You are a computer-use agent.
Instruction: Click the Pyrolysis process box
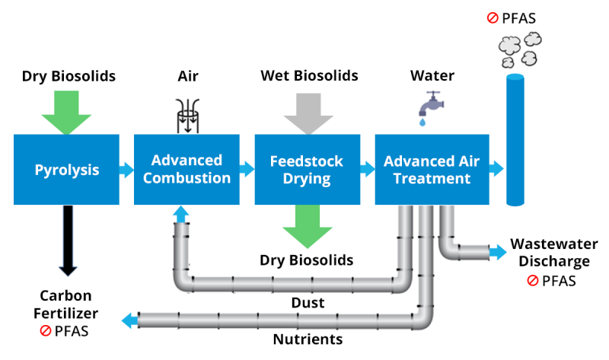pos(67,170)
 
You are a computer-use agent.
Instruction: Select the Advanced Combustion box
pos(187,170)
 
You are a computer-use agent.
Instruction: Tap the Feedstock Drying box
pos(307,170)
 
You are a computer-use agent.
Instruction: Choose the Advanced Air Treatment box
pos(427,170)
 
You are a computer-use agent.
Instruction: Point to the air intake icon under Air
pos(187,115)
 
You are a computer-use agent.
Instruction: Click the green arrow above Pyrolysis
pos(66,110)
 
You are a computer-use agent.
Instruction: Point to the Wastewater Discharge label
pos(553,253)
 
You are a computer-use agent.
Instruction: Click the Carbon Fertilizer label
pos(67,305)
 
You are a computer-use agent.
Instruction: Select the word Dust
pos(308,303)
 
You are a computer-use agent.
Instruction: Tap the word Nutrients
pos(307,339)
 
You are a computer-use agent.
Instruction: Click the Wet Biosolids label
pos(309,76)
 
